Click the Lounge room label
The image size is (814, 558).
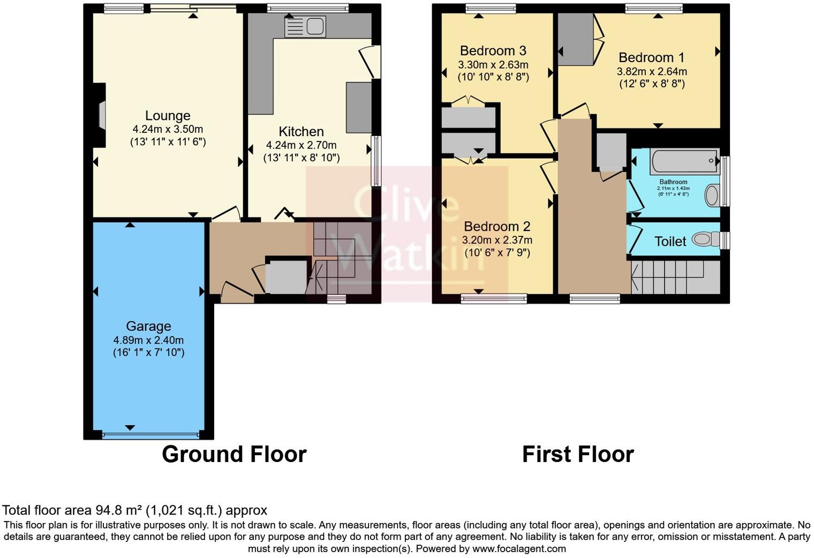click(168, 116)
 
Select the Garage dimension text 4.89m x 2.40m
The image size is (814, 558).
click(148, 340)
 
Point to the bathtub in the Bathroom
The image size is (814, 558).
click(684, 161)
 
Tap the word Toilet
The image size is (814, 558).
click(670, 242)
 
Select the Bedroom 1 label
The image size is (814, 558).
click(651, 57)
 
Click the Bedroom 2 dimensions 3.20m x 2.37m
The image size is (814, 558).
click(498, 240)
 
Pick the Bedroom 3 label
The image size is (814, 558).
click(493, 50)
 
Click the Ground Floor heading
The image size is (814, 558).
click(234, 454)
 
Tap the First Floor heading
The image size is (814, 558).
click(578, 454)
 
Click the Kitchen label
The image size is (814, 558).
click(301, 131)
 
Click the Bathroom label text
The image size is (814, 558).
click(673, 182)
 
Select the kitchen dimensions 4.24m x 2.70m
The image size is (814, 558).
click(301, 145)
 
